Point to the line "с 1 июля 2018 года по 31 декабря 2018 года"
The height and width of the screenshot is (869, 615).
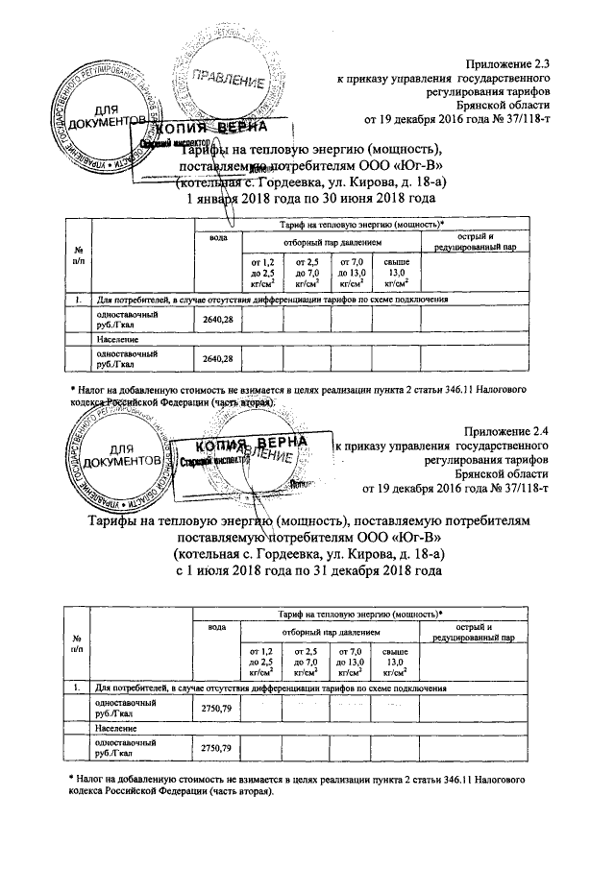pyautogui.click(x=307, y=570)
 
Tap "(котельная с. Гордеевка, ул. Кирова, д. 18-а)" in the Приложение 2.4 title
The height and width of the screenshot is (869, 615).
pyautogui.click(x=307, y=554)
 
